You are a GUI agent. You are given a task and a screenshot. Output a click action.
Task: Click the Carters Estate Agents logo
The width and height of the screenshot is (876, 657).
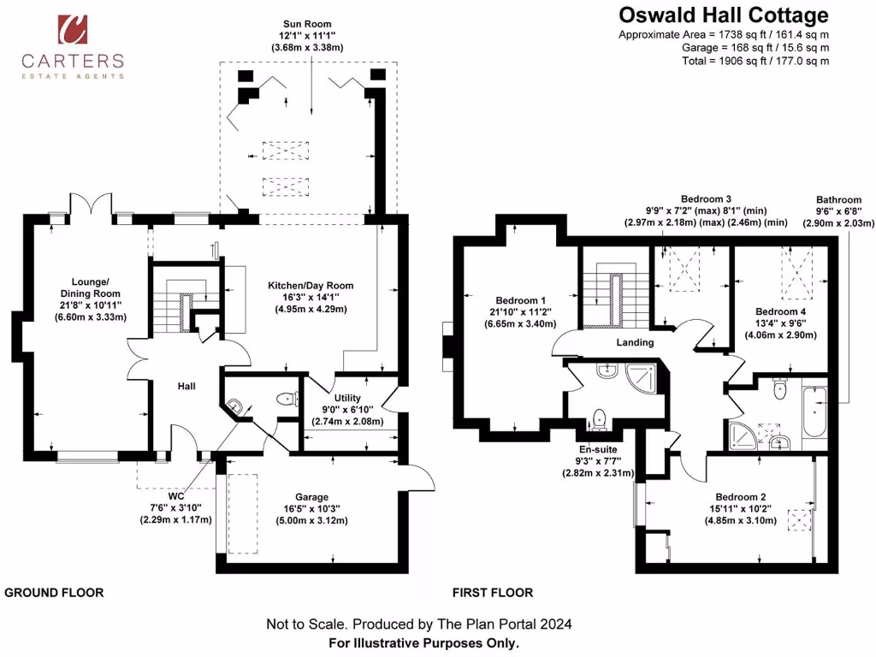(x=73, y=47)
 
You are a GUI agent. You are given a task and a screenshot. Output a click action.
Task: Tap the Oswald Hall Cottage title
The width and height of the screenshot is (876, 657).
(x=723, y=15)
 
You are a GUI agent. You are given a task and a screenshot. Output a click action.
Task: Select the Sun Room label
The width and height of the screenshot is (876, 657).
(x=308, y=24)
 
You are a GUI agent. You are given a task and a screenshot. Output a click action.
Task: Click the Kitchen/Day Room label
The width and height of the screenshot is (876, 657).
(x=311, y=286)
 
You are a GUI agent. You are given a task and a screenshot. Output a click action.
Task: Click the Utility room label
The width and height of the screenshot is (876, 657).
(x=346, y=399)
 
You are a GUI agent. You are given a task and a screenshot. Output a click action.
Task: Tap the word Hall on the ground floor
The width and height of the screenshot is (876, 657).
(x=186, y=387)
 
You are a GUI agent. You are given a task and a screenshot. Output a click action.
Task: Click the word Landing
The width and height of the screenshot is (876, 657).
(x=635, y=342)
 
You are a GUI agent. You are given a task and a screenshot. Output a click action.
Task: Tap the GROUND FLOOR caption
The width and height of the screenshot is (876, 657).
(x=55, y=592)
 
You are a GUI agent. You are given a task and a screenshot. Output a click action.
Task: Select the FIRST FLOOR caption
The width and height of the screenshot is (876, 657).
(x=493, y=592)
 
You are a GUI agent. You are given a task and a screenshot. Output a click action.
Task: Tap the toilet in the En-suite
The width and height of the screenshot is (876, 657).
(x=600, y=417)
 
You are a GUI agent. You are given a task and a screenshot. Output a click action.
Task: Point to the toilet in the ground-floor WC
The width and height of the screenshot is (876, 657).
(x=287, y=398)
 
